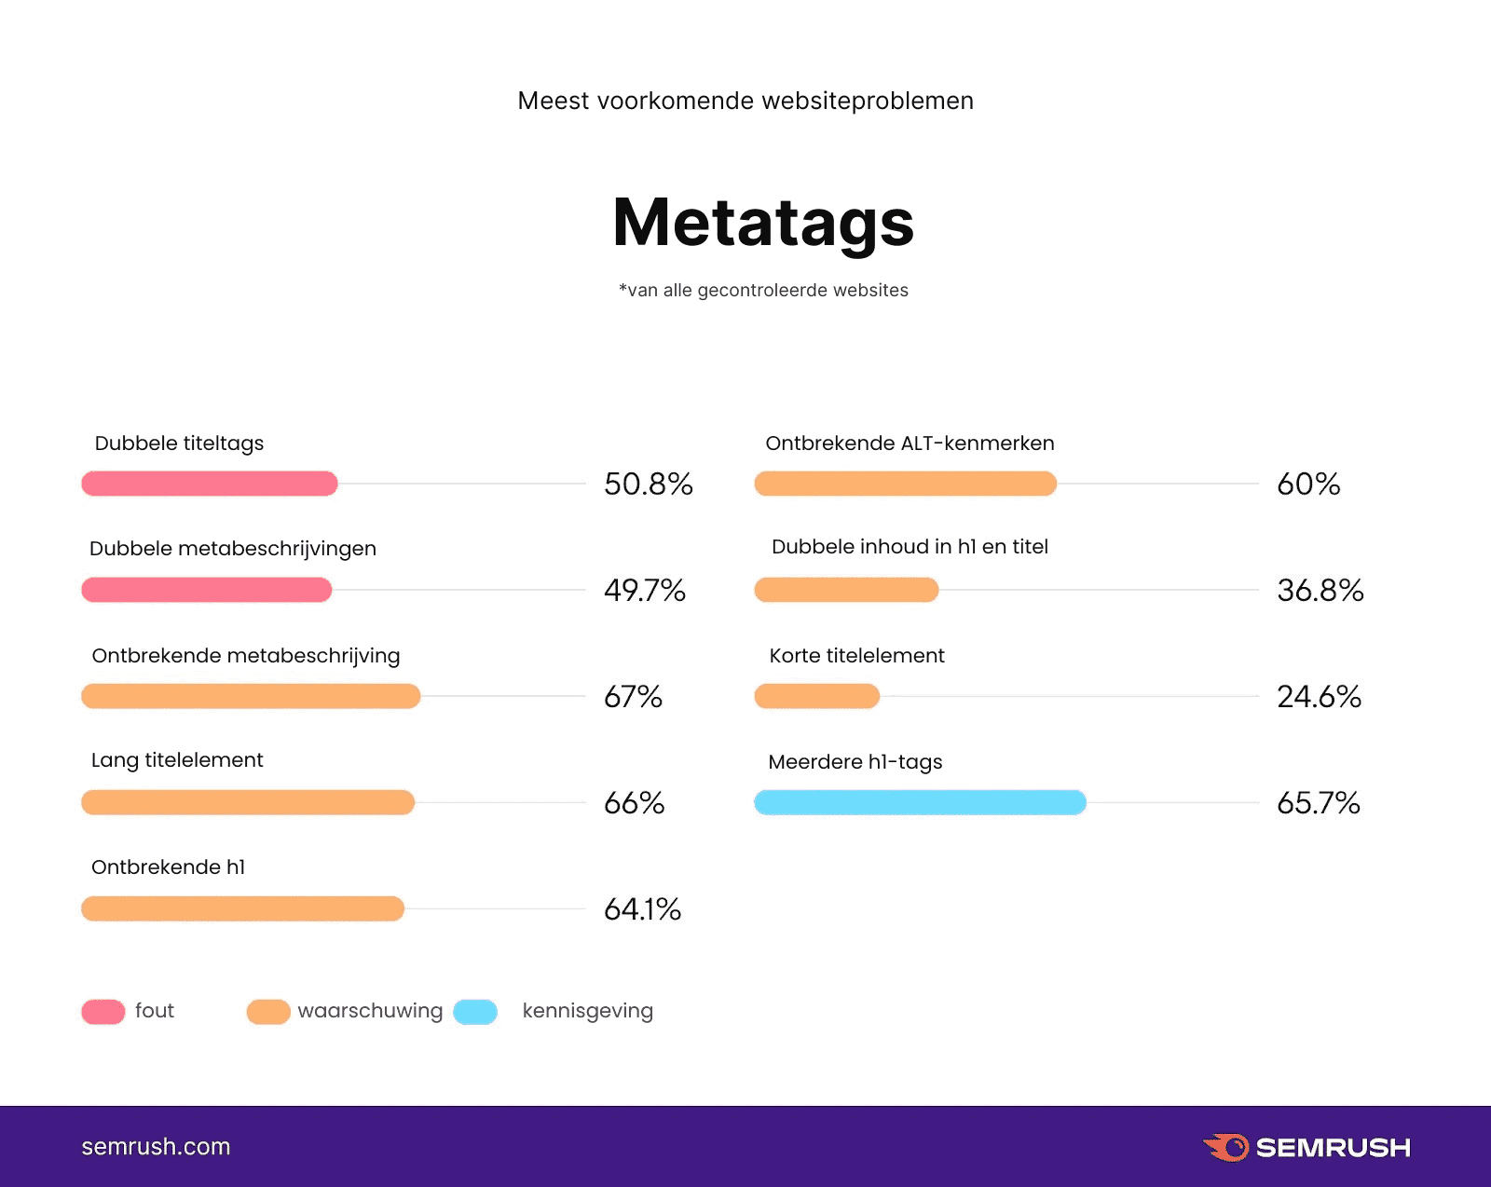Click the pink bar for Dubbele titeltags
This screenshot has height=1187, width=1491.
click(x=210, y=484)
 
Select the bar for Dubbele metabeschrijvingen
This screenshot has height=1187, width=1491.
click(x=207, y=590)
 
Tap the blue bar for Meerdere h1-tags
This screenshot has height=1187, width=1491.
click(x=920, y=802)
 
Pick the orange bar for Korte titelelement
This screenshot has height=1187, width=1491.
click(x=816, y=696)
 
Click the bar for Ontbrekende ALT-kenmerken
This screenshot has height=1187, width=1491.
click(x=905, y=484)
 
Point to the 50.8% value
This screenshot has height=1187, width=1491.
click(x=648, y=484)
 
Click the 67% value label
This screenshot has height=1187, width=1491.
click(x=633, y=697)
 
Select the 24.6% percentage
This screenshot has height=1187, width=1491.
click(x=1319, y=697)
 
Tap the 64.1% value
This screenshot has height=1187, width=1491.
click(x=642, y=909)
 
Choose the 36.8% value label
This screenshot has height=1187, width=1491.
click(x=1320, y=591)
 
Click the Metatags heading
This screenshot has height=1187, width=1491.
click(x=763, y=224)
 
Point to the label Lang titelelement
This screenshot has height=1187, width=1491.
click(x=177, y=760)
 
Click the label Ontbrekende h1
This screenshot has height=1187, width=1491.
click(x=168, y=867)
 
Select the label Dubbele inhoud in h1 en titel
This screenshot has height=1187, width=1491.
click(x=910, y=547)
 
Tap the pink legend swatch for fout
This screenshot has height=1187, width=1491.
click(x=103, y=1012)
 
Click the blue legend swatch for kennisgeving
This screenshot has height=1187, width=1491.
click(x=475, y=1012)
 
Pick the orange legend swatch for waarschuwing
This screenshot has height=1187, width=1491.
click(x=268, y=1012)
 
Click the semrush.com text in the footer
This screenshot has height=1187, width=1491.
click(x=156, y=1147)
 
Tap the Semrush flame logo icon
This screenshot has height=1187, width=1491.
click(x=1226, y=1147)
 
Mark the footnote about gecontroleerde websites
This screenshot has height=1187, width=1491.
click(x=763, y=291)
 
